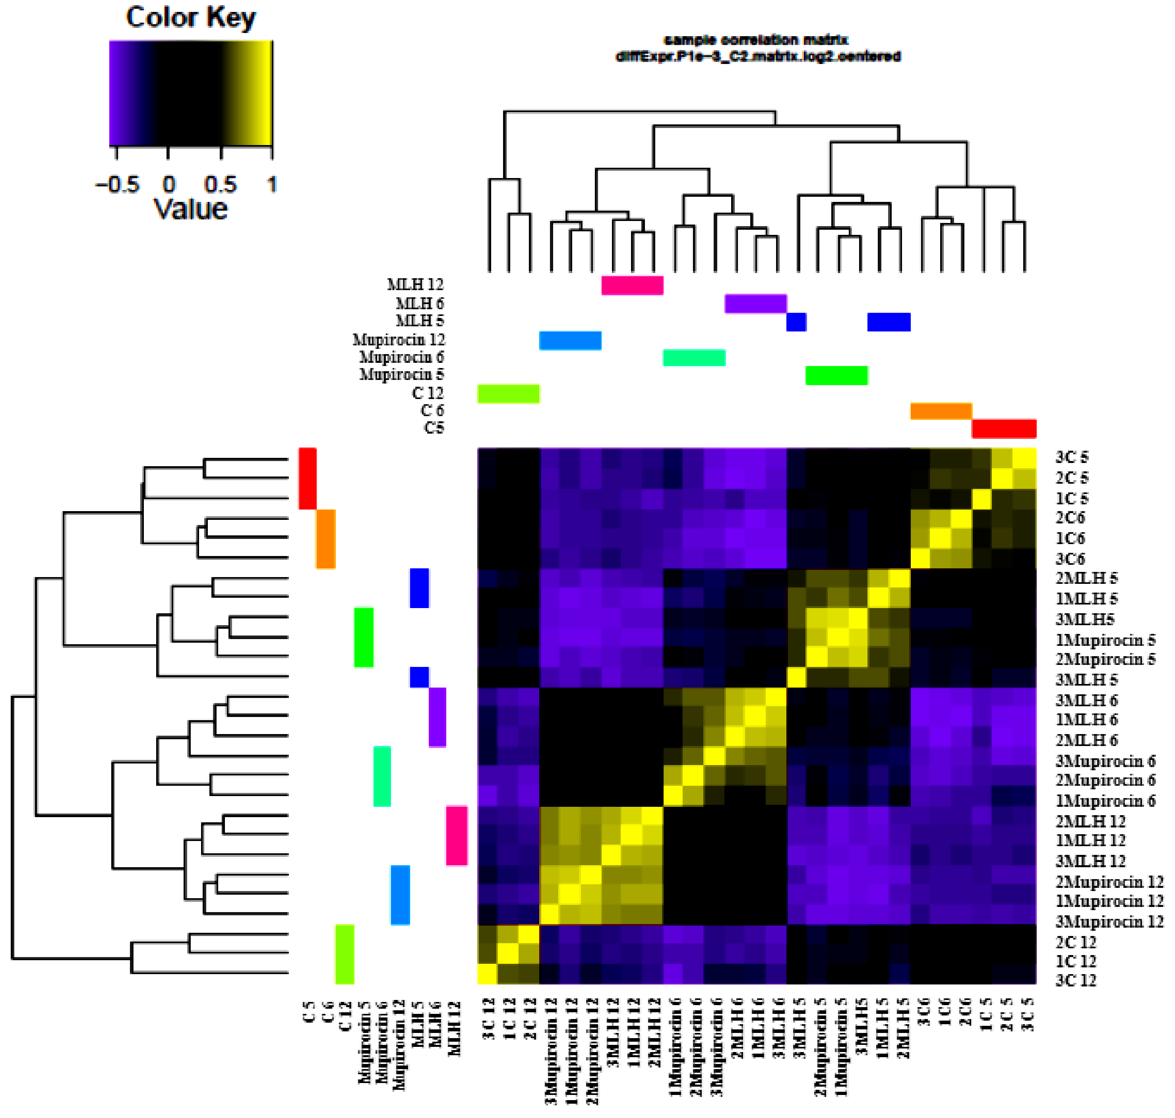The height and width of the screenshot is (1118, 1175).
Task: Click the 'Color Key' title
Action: point(191,18)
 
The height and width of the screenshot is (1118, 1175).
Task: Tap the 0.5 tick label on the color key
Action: point(221,185)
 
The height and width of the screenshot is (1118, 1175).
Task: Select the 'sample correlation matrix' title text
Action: point(755,40)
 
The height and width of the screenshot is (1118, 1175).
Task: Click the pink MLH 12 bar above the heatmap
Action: point(632,285)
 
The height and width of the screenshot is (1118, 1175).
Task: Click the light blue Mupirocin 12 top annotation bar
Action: point(570,340)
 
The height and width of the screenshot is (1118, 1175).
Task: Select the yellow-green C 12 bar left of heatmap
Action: point(345,953)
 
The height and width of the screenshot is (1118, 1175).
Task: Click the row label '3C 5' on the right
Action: point(1071,457)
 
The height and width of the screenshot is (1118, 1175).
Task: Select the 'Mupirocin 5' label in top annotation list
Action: point(402,375)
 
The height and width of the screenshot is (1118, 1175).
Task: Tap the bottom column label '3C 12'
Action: point(489,1019)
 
